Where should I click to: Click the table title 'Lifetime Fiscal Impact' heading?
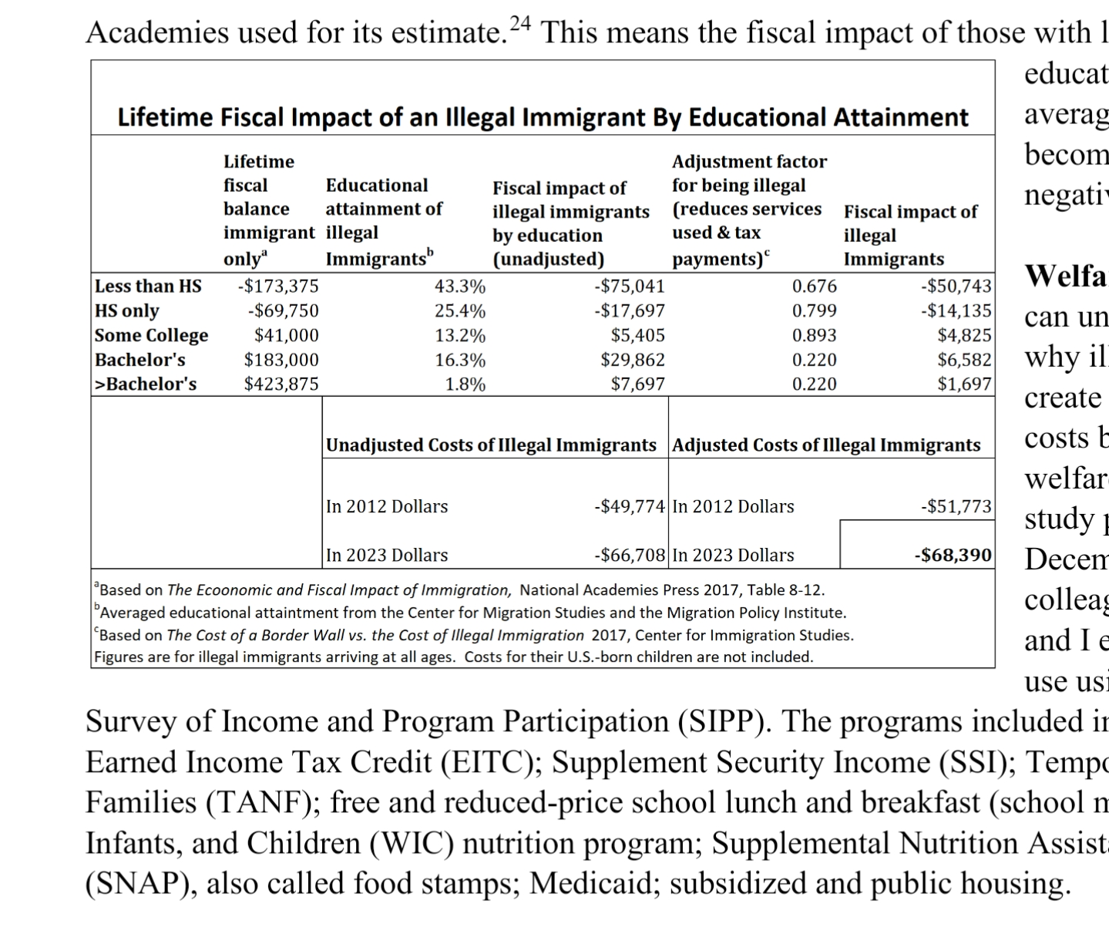(x=543, y=117)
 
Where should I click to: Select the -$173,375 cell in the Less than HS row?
(x=278, y=287)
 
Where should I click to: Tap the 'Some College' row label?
(x=151, y=335)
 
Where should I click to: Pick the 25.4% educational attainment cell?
(x=460, y=311)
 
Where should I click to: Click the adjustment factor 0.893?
(x=814, y=335)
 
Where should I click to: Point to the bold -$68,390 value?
(x=954, y=555)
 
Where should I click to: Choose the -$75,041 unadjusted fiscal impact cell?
(x=629, y=287)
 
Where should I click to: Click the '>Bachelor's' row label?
(x=146, y=384)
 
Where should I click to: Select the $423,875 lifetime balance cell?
(x=281, y=384)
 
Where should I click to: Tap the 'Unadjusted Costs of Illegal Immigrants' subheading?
(x=491, y=445)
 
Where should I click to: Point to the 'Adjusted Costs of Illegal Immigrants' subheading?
(x=826, y=445)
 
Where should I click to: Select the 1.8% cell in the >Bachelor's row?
(x=465, y=384)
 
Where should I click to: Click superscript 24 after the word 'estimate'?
(x=521, y=23)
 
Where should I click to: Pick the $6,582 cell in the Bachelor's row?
(x=964, y=360)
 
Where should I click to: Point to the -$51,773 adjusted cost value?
(x=956, y=506)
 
